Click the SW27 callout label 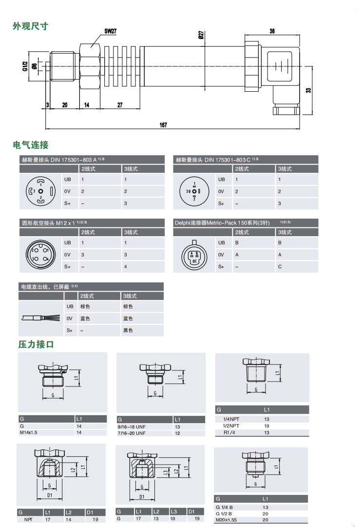pyautogui.click(x=111, y=31)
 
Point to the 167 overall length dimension pyautogui.click(x=163, y=125)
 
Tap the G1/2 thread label pyautogui.click(x=25, y=66)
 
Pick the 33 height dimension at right pyautogui.click(x=308, y=90)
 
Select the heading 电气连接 pyautogui.click(x=31, y=145)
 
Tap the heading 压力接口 pyautogui.click(x=36, y=345)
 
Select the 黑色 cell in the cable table pyautogui.click(x=128, y=330)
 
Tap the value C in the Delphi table pyautogui.click(x=280, y=266)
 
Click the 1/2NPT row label pyautogui.click(x=231, y=426)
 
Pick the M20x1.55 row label pyautogui.click(x=228, y=520)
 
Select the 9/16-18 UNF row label pyautogui.click(x=132, y=426)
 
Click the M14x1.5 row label pyautogui.click(x=29, y=432)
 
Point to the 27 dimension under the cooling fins pyautogui.click(x=120, y=105)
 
